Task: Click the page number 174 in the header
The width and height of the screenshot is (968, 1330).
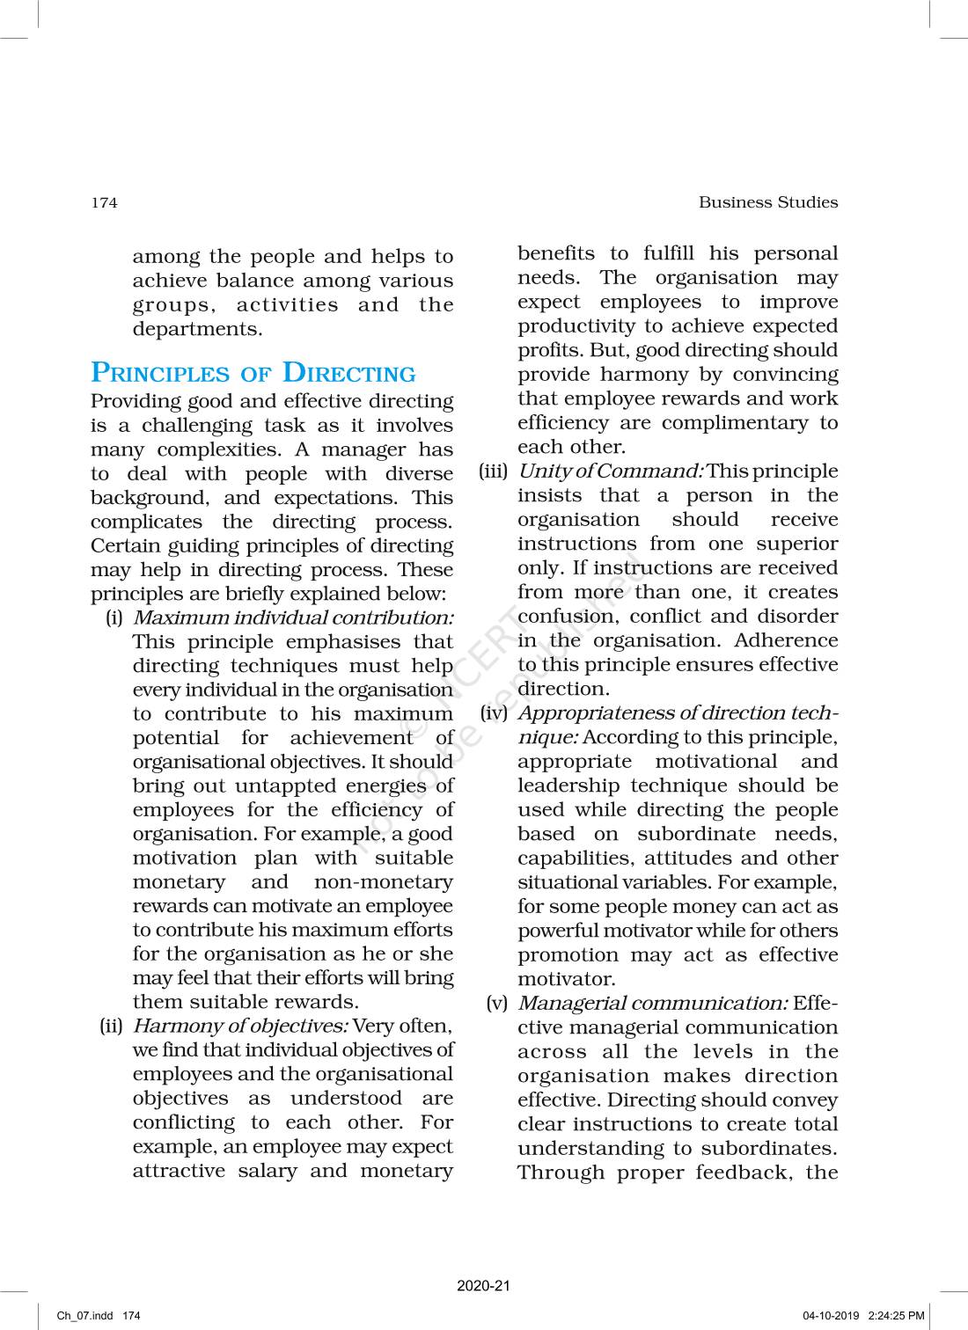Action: (x=104, y=203)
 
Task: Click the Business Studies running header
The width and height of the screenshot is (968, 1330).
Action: (x=767, y=202)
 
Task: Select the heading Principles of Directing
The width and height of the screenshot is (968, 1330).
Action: (x=253, y=373)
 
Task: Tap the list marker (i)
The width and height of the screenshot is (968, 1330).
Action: (x=114, y=618)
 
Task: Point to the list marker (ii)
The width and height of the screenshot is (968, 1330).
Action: (x=111, y=1026)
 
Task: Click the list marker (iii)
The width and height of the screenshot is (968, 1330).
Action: (x=494, y=471)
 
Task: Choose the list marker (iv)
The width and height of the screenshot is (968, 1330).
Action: (x=494, y=713)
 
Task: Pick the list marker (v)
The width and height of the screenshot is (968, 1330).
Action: (x=497, y=1004)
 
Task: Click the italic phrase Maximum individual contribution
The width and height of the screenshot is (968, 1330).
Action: (x=293, y=618)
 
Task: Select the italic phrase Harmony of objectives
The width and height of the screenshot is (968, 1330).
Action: (x=240, y=1026)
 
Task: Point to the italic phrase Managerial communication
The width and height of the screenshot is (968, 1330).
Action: (x=652, y=1004)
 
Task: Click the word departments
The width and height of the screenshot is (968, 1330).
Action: (x=197, y=330)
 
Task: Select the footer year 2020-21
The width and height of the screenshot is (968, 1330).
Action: (x=483, y=1286)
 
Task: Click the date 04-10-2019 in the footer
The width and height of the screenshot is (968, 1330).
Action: (x=830, y=1316)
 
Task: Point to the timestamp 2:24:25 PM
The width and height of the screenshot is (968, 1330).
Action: (x=896, y=1316)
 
